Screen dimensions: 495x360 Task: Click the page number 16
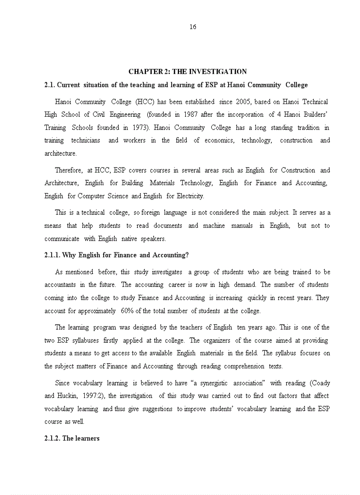coord(193,27)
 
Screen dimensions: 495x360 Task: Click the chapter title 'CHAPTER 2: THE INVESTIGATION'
coord(187,71)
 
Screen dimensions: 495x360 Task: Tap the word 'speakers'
coord(153,238)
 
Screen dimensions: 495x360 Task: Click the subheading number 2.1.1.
coord(52,255)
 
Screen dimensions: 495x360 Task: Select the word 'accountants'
coord(60,285)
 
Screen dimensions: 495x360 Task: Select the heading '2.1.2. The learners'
coord(72,438)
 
